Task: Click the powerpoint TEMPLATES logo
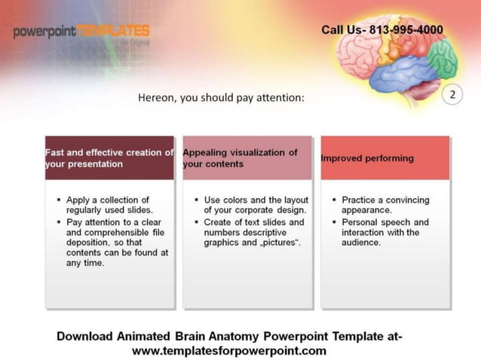[81, 32]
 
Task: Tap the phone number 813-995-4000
[406, 30]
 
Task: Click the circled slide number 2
[453, 95]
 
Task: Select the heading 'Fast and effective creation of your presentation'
[109, 157]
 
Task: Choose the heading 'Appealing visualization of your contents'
[240, 157]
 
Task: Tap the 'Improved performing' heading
[367, 158]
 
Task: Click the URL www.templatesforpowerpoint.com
[229, 350]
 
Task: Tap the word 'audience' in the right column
[361, 243]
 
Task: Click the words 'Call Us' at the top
[342, 30]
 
